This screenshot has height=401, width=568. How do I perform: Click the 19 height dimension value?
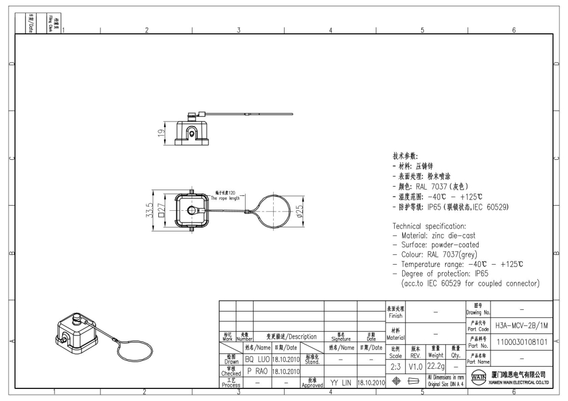click(x=162, y=132)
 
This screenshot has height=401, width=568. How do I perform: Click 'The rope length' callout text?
click(x=225, y=198)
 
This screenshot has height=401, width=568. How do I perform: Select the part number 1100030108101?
click(x=522, y=342)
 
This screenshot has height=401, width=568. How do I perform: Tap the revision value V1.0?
click(x=417, y=366)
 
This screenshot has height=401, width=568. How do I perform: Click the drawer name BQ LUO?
click(x=257, y=360)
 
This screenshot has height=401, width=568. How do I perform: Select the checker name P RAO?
click(x=257, y=371)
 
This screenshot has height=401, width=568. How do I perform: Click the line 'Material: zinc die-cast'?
click(x=434, y=235)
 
